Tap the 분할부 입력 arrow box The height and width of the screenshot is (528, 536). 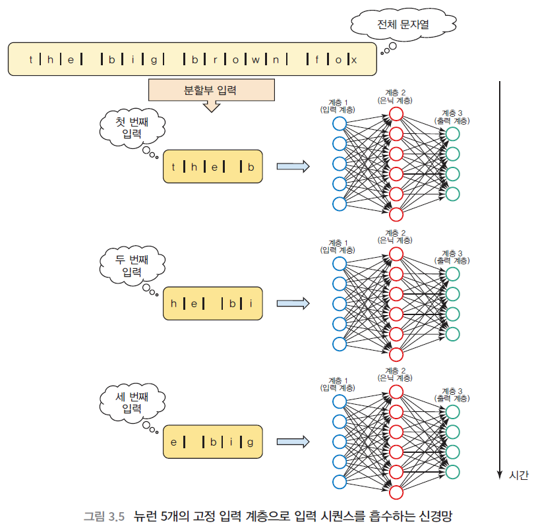coord(210,90)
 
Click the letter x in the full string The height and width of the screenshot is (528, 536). coord(354,60)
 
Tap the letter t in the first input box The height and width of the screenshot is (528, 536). coord(173,167)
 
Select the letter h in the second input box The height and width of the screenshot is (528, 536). coord(174,304)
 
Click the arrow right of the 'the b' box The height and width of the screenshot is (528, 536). coord(293,167)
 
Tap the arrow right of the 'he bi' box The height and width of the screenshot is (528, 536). coord(293,304)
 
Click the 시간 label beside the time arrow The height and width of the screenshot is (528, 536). coord(519,475)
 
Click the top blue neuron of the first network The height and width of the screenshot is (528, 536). coord(340,124)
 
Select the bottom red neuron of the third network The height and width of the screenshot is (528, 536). coord(396,492)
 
